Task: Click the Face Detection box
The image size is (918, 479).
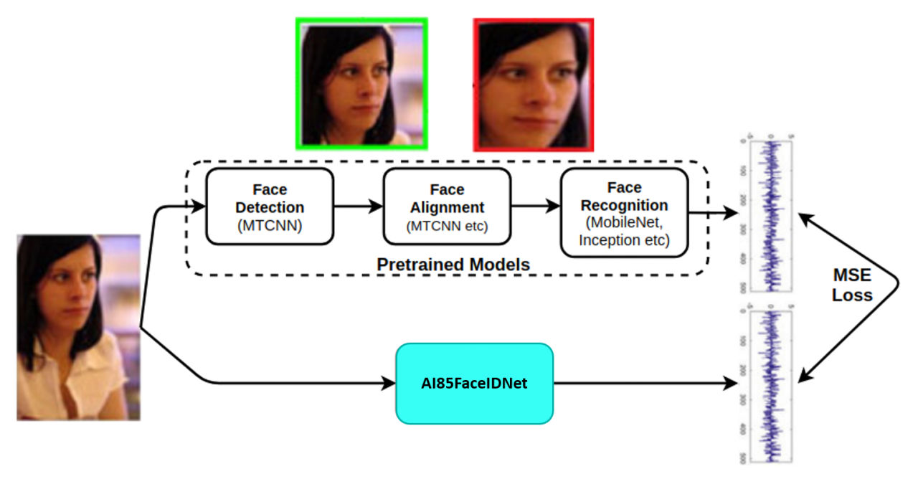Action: click(x=270, y=206)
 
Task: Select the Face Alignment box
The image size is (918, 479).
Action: click(x=447, y=206)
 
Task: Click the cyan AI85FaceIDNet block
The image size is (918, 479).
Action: click(x=474, y=383)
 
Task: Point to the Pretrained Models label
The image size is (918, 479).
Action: click(x=453, y=265)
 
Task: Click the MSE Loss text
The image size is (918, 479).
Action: click(x=852, y=285)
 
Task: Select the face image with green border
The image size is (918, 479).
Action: click(x=361, y=83)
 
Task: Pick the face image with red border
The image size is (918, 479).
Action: click(x=534, y=85)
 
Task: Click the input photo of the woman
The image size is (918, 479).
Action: click(x=78, y=327)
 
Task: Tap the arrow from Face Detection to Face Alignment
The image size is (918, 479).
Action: click(x=359, y=207)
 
